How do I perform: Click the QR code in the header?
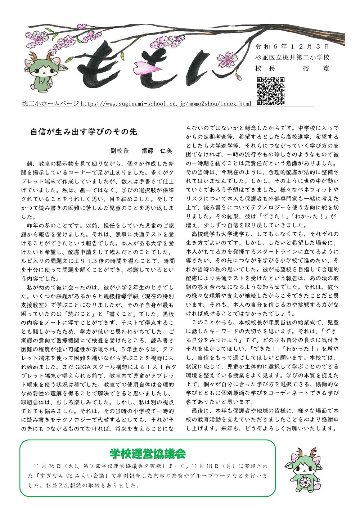[270, 91]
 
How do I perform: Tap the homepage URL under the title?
[166, 104]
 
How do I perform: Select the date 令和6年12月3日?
[292, 47]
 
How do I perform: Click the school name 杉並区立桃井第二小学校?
[292, 58]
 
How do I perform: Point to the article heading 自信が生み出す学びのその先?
[84, 132]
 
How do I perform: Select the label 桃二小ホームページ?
[50, 104]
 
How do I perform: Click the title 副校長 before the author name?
[120, 151]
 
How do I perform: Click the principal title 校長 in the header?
[265, 68]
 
